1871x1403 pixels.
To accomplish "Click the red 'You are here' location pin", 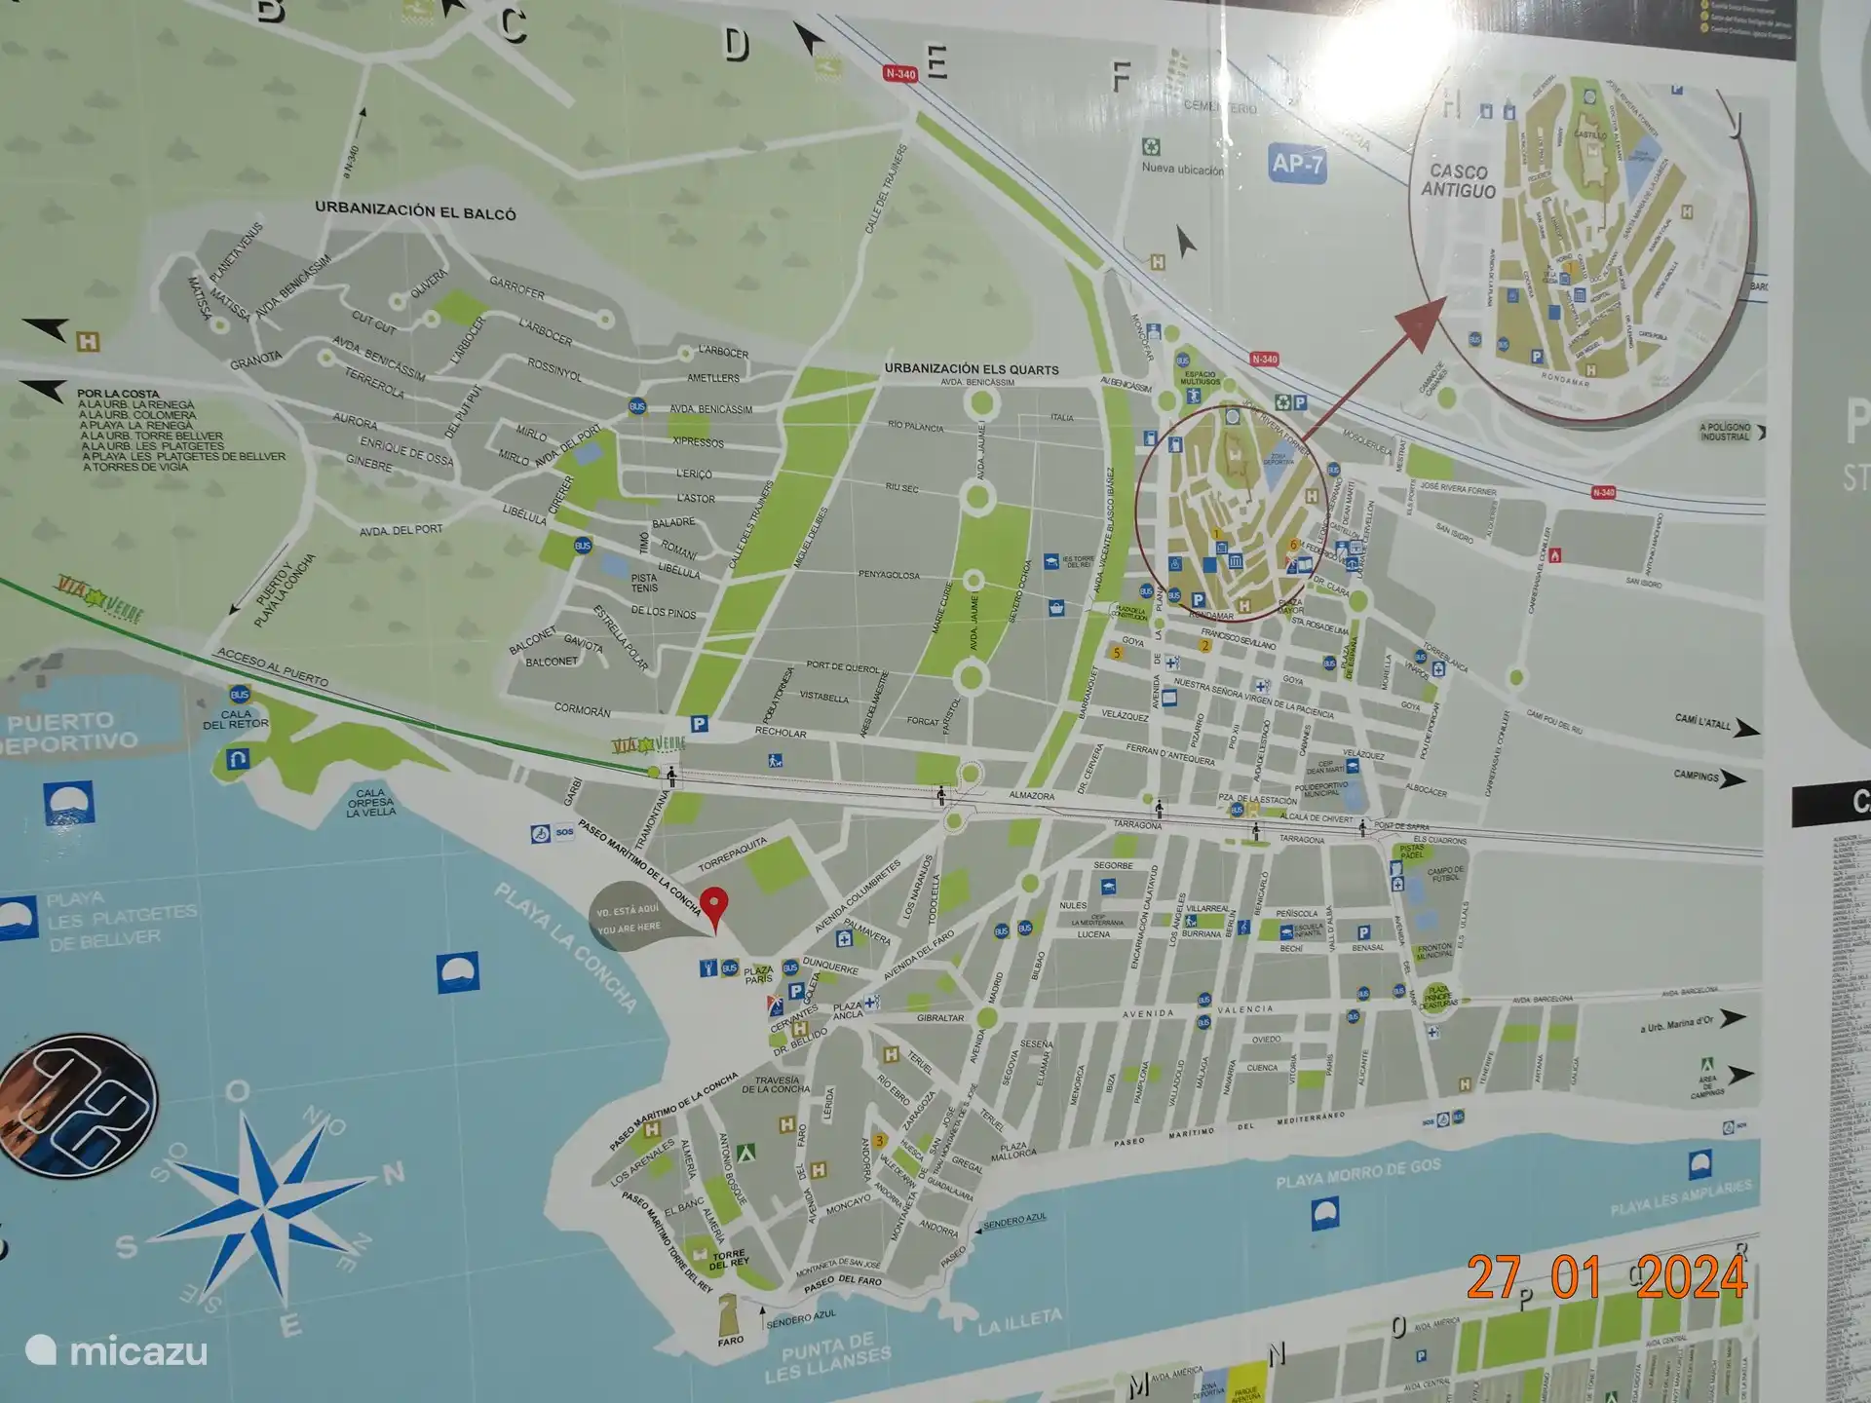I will coord(715,904).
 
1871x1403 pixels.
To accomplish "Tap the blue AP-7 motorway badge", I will coord(1297,164).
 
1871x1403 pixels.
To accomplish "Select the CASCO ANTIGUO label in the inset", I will coord(1458,181).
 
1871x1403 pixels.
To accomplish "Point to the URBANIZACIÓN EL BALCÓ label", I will coord(415,210).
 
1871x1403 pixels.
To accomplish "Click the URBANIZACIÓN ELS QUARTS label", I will coord(971,369).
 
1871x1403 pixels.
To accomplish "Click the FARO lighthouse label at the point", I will coord(730,1340).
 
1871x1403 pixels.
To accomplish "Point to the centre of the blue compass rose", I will coord(265,1211).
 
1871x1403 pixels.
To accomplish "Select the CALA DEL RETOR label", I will coord(236,719).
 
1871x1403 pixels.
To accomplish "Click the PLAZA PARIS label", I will coord(758,974).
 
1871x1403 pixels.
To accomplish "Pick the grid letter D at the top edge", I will coord(737,45).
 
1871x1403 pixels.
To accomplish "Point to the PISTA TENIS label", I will coord(644,583).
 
